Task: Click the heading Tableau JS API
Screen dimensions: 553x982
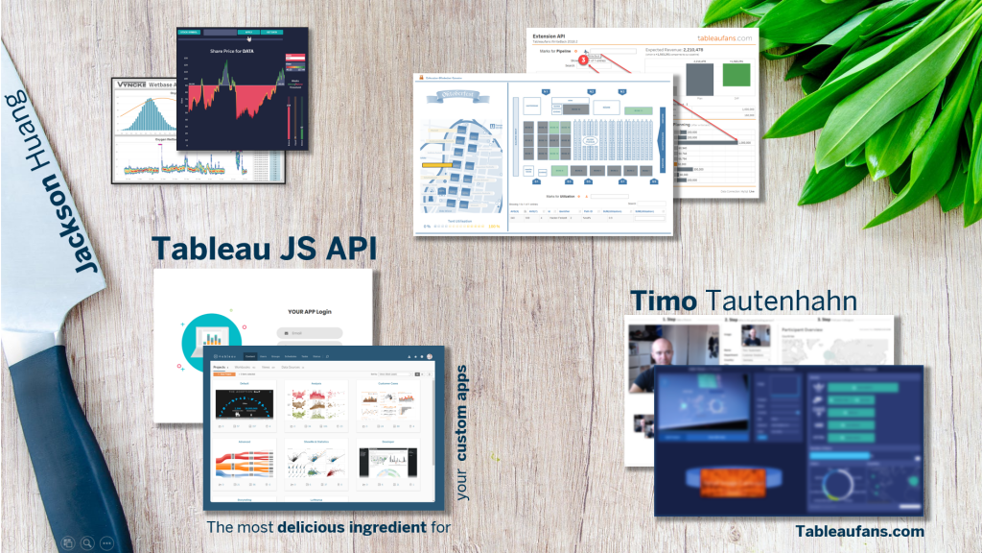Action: click(264, 249)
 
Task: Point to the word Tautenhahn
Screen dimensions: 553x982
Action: click(781, 300)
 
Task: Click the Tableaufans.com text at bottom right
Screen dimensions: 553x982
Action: click(859, 531)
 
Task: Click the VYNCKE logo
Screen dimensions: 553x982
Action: click(132, 84)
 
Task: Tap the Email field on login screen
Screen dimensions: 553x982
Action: click(310, 334)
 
